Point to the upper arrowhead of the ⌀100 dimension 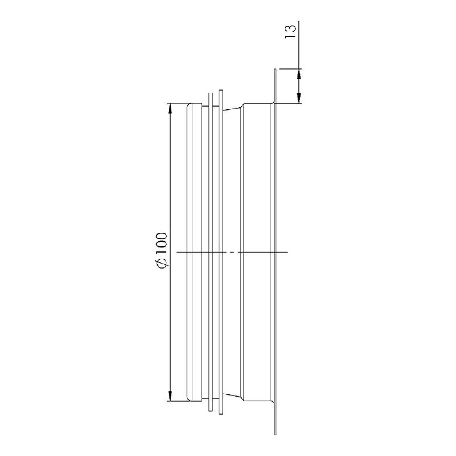coord(170,108)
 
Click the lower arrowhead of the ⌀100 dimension coord(170,397)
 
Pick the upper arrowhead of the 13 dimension coord(299,74)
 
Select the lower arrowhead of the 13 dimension coord(299,98)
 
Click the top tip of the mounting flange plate coord(275,70)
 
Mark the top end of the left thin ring coord(210,94)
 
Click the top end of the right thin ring coord(221,90)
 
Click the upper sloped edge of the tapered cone coord(233,108)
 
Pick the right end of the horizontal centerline coord(288,252)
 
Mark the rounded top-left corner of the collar coord(188,106)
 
